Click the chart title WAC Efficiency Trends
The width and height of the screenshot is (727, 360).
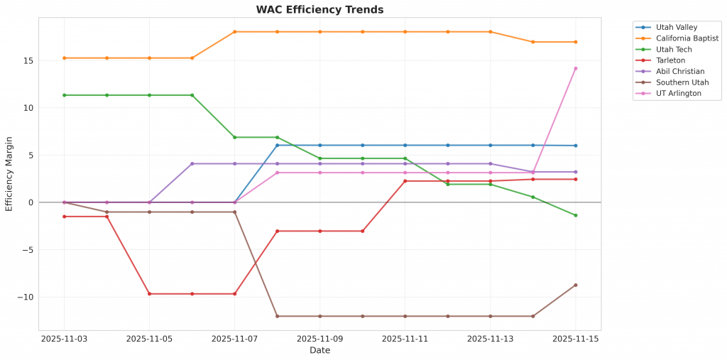click(319, 10)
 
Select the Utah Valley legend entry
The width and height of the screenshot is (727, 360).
click(676, 27)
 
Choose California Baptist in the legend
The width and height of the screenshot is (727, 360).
click(687, 38)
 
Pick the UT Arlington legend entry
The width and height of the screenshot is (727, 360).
click(678, 93)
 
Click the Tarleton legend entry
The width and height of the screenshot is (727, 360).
click(671, 60)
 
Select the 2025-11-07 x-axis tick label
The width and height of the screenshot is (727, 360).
click(234, 339)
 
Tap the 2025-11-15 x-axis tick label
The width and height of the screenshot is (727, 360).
click(575, 339)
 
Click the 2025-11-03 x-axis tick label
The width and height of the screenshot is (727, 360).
click(64, 339)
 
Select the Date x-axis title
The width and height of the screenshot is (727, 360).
click(319, 350)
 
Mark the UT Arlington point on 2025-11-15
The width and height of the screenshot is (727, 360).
click(575, 68)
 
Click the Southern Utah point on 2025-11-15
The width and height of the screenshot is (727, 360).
click(575, 285)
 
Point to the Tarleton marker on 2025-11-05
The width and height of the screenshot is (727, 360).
click(149, 293)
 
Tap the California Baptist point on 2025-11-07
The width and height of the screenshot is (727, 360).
click(234, 32)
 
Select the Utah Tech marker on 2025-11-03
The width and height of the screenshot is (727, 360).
click(64, 95)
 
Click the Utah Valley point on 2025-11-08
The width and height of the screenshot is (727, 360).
click(277, 145)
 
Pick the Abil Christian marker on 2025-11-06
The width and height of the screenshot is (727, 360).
click(192, 163)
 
